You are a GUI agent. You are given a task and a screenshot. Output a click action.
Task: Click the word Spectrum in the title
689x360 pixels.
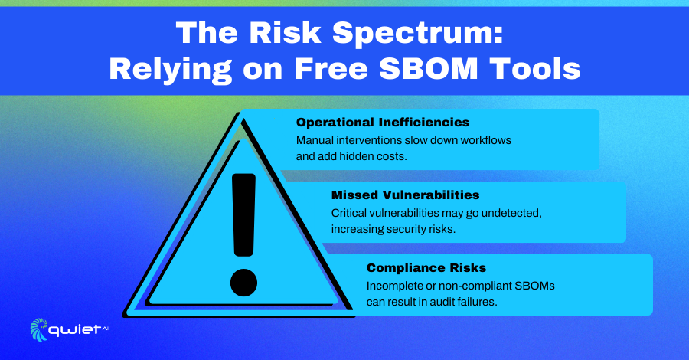417,34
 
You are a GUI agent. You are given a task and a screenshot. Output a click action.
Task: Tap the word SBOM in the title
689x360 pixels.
429,69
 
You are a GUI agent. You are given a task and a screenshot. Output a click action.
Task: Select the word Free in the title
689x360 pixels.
331,69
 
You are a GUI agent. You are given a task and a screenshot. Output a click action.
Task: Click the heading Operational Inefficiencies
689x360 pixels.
383,123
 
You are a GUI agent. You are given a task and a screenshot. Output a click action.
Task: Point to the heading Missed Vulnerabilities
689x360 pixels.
405,195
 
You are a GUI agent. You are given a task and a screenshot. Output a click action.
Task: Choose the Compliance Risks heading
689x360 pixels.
426,267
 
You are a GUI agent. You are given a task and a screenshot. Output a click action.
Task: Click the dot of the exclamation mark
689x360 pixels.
243,282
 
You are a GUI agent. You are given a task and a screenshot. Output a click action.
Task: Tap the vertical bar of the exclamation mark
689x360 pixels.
244,214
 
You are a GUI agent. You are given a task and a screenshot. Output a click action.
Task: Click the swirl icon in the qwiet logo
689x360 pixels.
39,329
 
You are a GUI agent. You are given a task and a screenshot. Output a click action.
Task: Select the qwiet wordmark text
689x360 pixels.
75,330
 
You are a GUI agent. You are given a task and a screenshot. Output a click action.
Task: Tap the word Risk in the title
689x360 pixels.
286,34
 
